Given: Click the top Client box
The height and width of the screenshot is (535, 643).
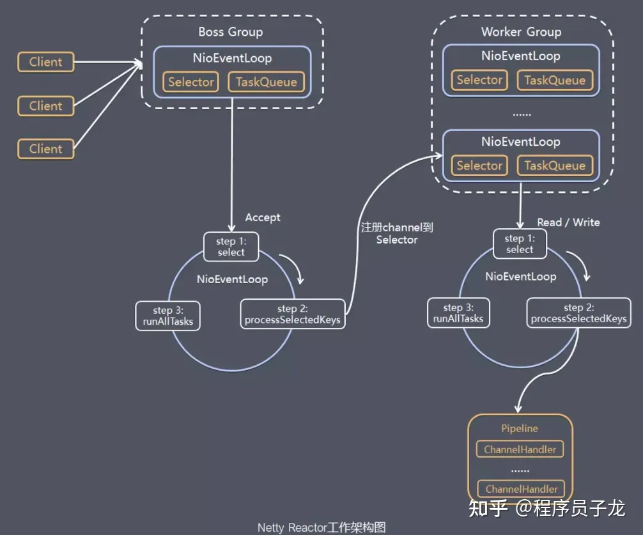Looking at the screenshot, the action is [x=46, y=62].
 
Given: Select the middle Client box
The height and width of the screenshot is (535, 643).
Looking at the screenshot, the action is [x=46, y=105].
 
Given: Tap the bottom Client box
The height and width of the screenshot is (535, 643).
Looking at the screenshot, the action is [x=46, y=149].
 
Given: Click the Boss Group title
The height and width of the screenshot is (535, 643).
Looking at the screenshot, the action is [x=231, y=32].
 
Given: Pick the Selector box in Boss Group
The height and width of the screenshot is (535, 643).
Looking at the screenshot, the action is [x=190, y=82].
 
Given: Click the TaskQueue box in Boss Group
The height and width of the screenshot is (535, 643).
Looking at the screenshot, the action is [x=266, y=82].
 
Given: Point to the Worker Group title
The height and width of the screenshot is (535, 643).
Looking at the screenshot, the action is [x=521, y=32].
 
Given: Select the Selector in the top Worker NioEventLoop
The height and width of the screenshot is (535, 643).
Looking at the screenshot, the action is [x=479, y=80].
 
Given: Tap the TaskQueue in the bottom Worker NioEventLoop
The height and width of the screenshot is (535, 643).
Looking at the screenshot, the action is [x=555, y=166].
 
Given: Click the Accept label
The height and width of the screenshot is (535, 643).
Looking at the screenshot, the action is [x=263, y=217].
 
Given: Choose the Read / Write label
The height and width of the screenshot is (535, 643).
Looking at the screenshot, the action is [x=568, y=222].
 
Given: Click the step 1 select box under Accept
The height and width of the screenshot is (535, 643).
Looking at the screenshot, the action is [x=231, y=247].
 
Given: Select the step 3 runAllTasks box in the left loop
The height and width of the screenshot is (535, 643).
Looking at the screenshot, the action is [x=168, y=316].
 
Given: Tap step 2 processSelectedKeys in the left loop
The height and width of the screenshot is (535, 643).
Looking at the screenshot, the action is [x=293, y=314].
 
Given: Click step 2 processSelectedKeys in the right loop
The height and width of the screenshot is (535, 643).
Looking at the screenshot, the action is [x=578, y=313].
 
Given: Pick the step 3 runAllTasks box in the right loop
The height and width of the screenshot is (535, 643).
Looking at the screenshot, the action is [x=458, y=313].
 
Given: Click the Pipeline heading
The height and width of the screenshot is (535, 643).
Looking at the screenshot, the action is [x=520, y=428].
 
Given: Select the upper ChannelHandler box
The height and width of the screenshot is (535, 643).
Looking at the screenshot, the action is [x=520, y=449].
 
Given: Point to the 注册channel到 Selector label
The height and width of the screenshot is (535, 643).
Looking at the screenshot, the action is [x=396, y=233].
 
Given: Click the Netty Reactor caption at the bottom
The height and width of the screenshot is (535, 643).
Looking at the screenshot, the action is [x=321, y=527].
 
